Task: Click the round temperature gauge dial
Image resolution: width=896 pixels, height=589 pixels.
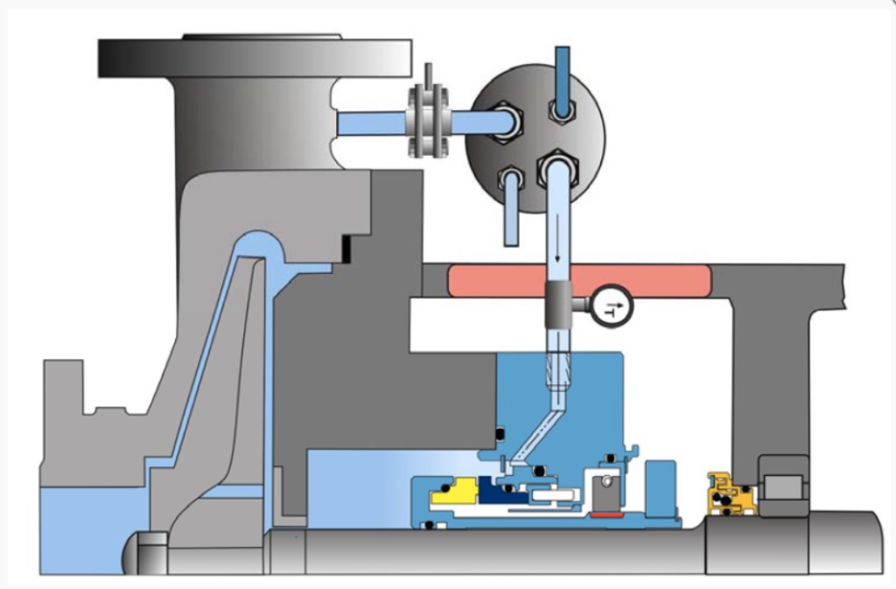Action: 611,307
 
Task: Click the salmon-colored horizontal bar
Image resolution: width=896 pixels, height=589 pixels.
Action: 578,281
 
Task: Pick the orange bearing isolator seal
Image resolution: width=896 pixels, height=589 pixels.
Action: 732,495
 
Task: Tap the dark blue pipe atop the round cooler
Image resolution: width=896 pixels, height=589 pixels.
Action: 562,79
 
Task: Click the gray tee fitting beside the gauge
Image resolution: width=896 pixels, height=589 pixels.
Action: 559,305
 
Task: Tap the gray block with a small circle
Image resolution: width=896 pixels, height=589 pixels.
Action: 603,490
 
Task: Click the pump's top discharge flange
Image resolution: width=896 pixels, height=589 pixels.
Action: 255,58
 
